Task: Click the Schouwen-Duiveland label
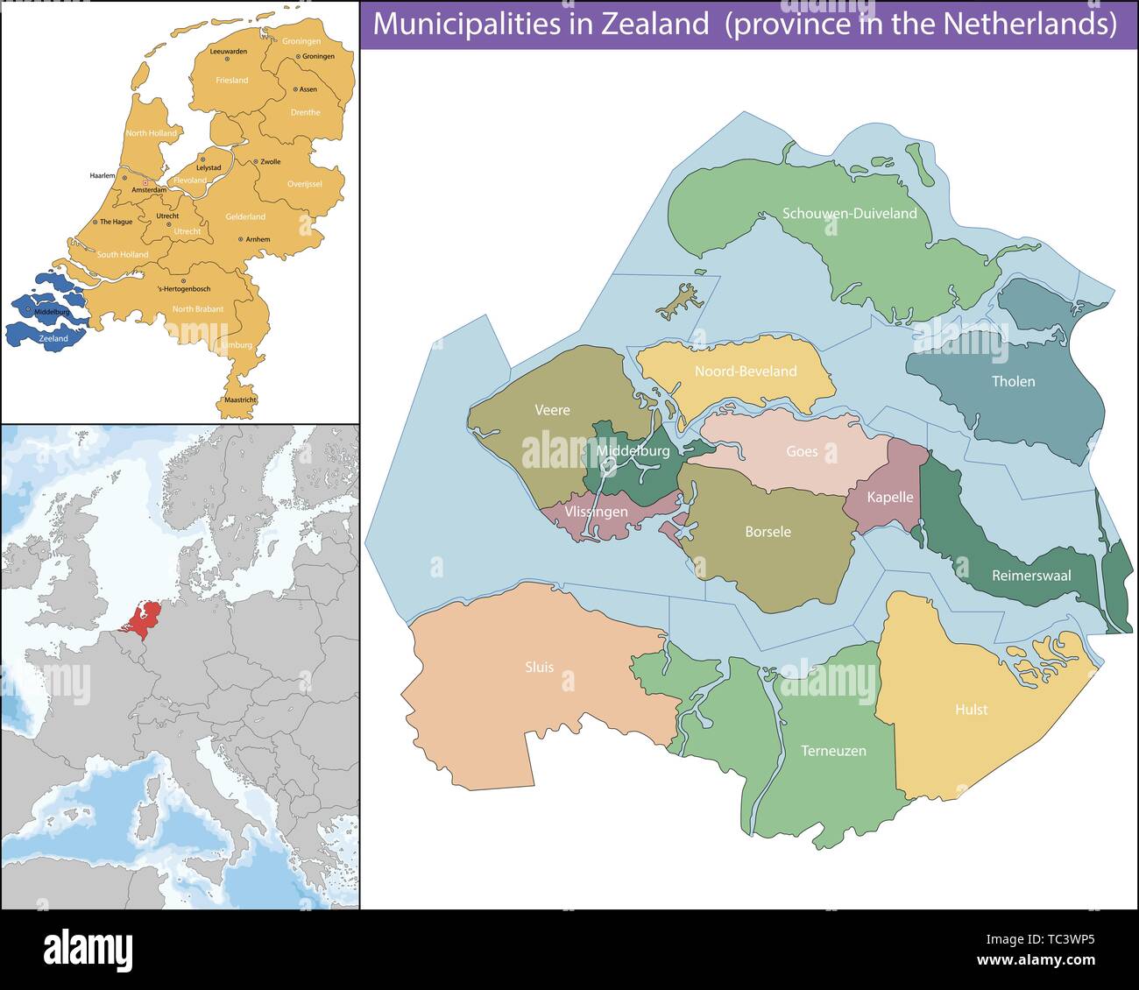coord(849,213)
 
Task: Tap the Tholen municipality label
coord(1013,381)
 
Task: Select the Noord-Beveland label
coord(745,371)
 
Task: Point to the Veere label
coord(552,409)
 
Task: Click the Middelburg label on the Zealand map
coord(633,451)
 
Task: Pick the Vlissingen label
coord(596,512)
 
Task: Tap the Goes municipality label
coord(802,451)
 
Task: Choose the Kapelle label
coord(889,497)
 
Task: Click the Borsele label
coord(768,531)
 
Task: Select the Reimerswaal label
coord(1030,576)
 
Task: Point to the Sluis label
coord(539,667)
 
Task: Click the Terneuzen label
coord(833,751)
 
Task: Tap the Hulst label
coord(971,709)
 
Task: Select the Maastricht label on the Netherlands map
coord(240,400)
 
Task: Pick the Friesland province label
coord(232,80)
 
